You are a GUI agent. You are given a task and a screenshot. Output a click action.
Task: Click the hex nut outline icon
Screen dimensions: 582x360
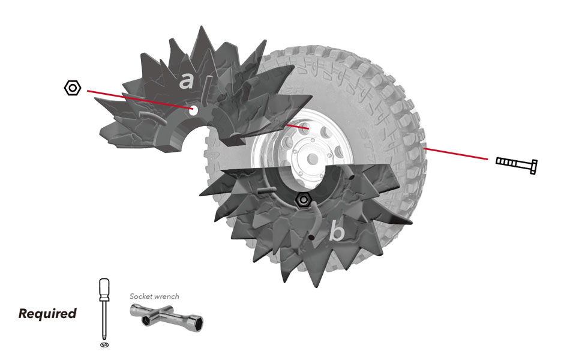coord(73,88)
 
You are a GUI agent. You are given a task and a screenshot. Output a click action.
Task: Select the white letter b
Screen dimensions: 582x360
coord(338,232)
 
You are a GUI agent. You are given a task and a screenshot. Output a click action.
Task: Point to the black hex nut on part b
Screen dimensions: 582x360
coord(304,199)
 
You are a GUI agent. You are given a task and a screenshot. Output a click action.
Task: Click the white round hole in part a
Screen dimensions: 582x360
coord(194,110)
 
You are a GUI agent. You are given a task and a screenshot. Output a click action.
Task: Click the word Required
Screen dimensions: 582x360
coord(47,313)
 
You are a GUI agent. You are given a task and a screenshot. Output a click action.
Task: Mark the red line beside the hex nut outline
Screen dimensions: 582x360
coord(138,99)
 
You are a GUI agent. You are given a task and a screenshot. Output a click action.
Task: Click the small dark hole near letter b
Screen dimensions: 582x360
coord(312,238)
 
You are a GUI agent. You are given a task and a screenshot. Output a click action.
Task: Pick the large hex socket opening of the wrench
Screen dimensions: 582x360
coord(196,322)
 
